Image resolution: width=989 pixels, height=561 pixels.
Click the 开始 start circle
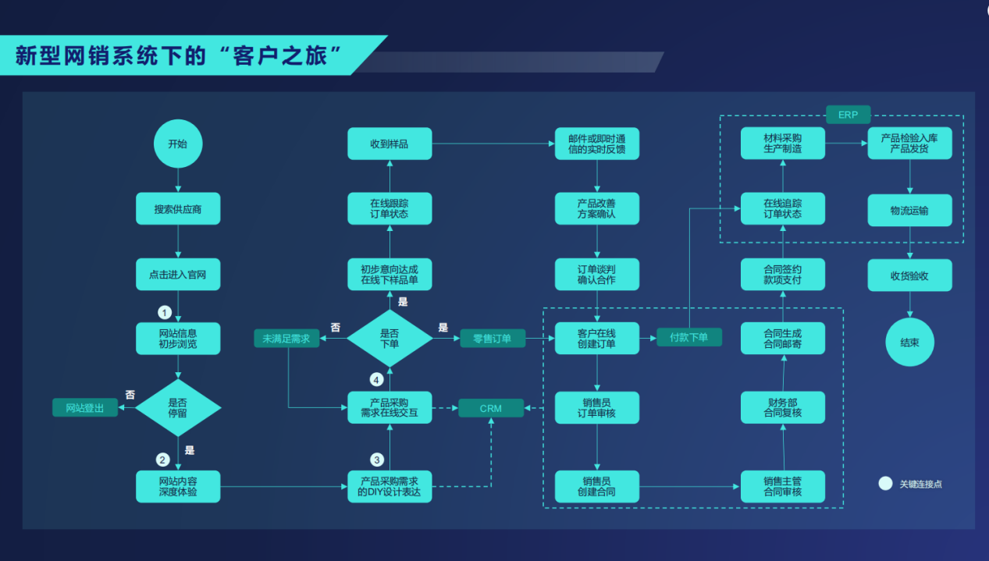click(x=178, y=144)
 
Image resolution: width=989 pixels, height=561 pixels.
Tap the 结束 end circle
click(x=909, y=342)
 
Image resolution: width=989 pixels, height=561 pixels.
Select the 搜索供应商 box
click(x=178, y=209)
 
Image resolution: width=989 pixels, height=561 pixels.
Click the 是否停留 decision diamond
click(x=178, y=407)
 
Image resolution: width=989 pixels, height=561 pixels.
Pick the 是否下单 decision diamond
click(x=389, y=337)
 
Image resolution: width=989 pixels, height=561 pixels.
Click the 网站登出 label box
click(x=85, y=407)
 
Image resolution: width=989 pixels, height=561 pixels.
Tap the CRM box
click(x=490, y=408)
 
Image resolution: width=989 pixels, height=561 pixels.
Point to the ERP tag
click(x=848, y=115)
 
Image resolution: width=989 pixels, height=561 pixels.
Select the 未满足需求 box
click(x=286, y=339)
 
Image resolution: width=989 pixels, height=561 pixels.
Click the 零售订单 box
click(x=493, y=339)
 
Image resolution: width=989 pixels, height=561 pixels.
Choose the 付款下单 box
click(x=688, y=337)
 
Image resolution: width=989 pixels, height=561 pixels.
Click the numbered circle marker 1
click(x=164, y=312)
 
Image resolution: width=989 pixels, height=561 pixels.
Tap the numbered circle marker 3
click(x=377, y=460)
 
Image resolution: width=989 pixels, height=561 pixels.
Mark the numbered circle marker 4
click(x=377, y=380)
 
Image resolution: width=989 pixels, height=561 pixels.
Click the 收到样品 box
click(x=389, y=144)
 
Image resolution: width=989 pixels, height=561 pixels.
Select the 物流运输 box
click(x=909, y=210)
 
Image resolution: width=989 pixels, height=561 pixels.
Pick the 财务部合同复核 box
click(x=782, y=407)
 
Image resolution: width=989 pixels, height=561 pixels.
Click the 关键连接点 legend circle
click(x=885, y=483)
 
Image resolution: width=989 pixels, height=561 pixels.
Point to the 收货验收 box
click(x=909, y=275)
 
